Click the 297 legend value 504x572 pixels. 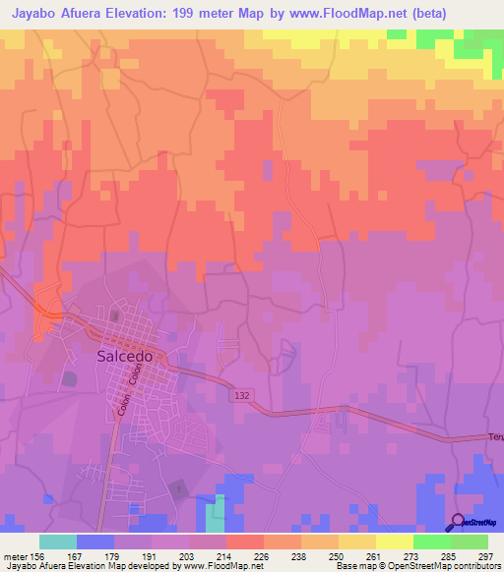pyautogui.click(x=485, y=556)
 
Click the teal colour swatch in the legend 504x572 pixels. pyautogui.click(x=58, y=542)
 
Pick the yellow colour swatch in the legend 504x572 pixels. pyautogui.click(x=395, y=542)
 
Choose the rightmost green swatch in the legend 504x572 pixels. pyautogui.click(x=470, y=542)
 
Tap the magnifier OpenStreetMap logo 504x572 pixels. pyautogui.click(x=459, y=522)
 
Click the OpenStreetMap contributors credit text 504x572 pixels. pyautogui.click(x=447, y=566)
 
